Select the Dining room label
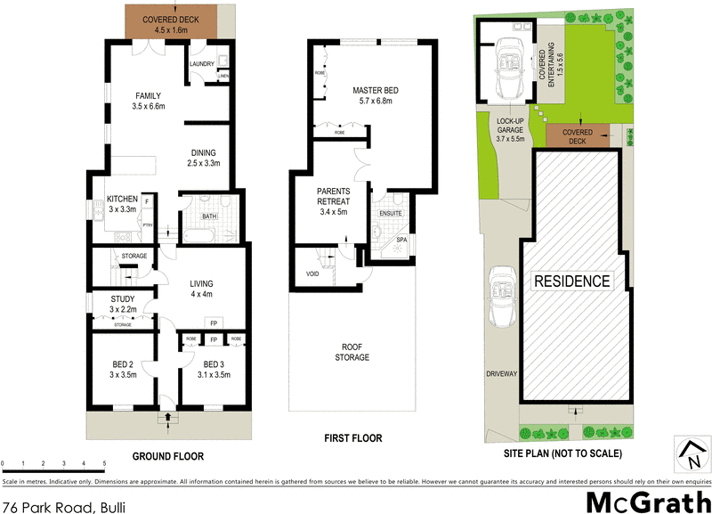[x=203, y=158]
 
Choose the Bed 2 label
[x=122, y=370]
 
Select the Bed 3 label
[x=215, y=370]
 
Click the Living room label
[x=200, y=289]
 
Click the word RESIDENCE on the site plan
[x=572, y=281]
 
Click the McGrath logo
[x=633, y=498]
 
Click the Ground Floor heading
[x=168, y=456]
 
